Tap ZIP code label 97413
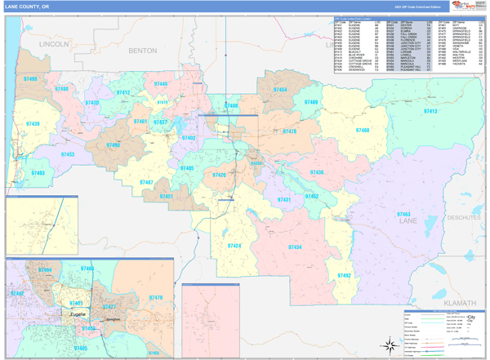430,110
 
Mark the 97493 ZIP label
37,173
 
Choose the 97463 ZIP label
404,214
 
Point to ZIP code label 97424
234,246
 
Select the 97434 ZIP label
295,247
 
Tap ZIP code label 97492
344,276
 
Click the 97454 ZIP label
279,89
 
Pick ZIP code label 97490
113,144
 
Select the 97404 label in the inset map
44,269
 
